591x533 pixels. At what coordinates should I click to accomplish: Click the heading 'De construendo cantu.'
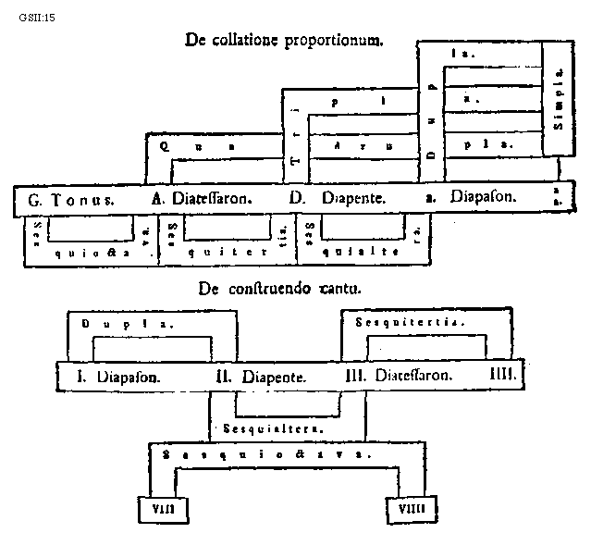coord(279,288)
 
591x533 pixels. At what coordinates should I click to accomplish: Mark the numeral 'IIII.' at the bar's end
coord(504,376)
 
